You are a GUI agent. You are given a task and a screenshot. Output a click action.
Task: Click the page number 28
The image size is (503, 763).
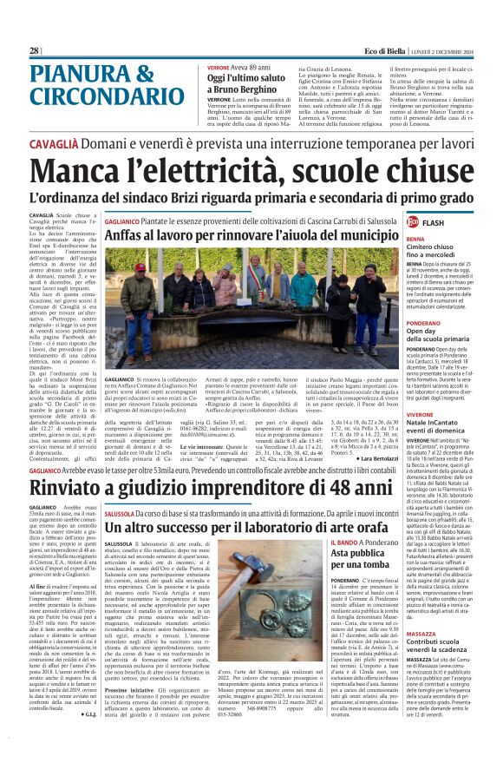pos(34,51)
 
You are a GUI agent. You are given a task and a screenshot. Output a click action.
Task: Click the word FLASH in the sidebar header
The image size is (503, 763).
pos(454,223)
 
